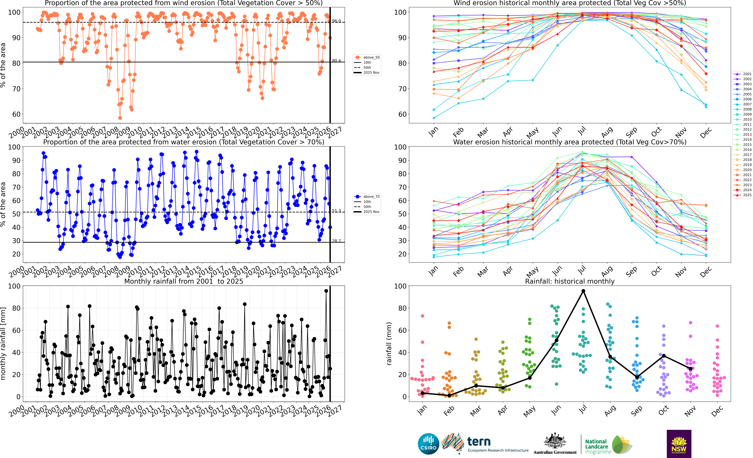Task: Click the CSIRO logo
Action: click(428, 444)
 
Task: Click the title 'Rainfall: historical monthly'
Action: click(570, 281)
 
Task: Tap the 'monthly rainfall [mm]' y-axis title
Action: click(3, 344)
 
